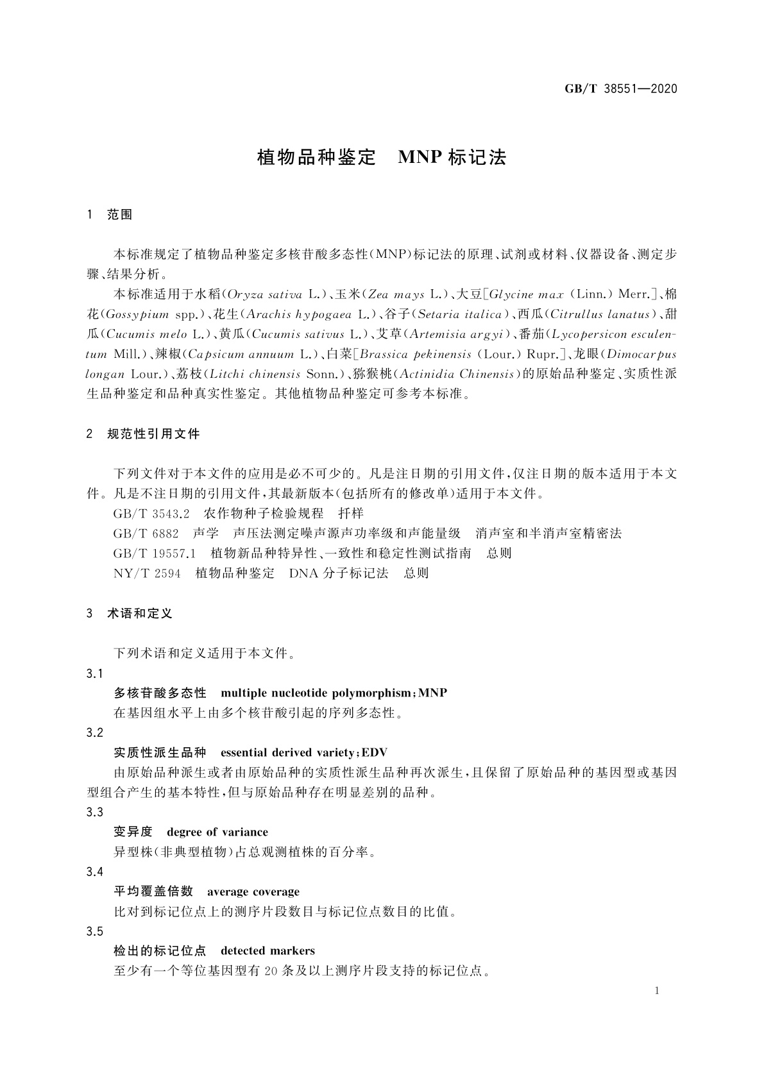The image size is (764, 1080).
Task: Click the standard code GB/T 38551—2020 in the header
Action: click(620, 89)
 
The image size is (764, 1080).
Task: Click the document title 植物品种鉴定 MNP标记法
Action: click(382, 158)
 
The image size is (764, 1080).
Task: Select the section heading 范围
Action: click(119, 215)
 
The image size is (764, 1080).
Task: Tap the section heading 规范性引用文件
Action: click(153, 434)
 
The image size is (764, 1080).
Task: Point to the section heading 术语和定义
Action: click(140, 614)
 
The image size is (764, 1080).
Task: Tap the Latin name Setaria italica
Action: click(459, 315)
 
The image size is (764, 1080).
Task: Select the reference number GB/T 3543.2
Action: click(152, 514)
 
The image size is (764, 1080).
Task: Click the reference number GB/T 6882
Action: click(146, 534)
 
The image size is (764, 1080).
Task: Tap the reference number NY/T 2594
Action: click(147, 573)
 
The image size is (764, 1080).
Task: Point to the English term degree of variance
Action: click(217, 832)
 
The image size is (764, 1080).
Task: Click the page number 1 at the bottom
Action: click(658, 991)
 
